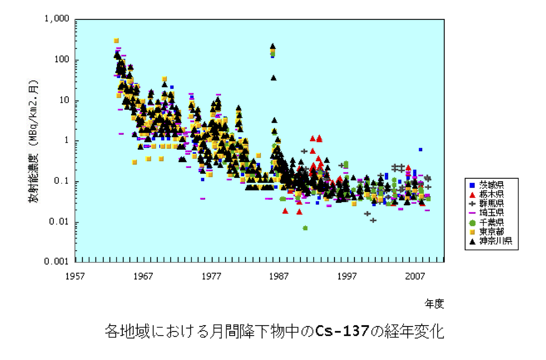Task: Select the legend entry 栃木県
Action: [x=492, y=193]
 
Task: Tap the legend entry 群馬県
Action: [x=492, y=203]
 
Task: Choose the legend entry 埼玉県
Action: [x=492, y=213]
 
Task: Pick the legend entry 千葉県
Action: [x=492, y=223]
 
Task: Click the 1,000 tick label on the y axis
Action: [x=57, y=19]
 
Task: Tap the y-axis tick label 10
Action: [x=64, y=100]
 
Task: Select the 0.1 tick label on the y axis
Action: [x=62, y=181]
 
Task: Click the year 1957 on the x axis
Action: [x=75, y=276]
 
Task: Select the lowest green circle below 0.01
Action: [x=305, y=228]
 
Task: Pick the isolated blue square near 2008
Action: [x=421, y=149]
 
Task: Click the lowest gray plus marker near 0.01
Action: [x=373, y=220]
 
